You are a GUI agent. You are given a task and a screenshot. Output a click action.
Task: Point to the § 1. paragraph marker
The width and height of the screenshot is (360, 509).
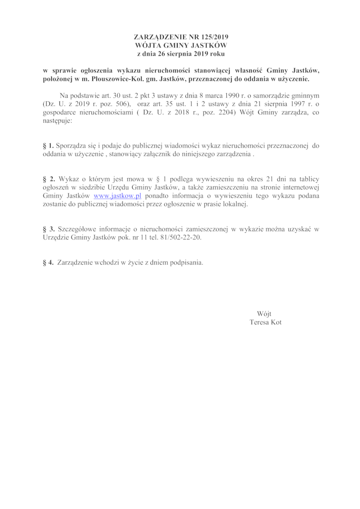pyautogui.click(x=48, y=145)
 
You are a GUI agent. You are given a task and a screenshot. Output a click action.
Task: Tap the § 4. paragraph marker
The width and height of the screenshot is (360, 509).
pyautogui.click(x=48, y=262)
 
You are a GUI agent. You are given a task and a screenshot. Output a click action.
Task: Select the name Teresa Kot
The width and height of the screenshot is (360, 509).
pyautogui.click(x=265, y=322)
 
